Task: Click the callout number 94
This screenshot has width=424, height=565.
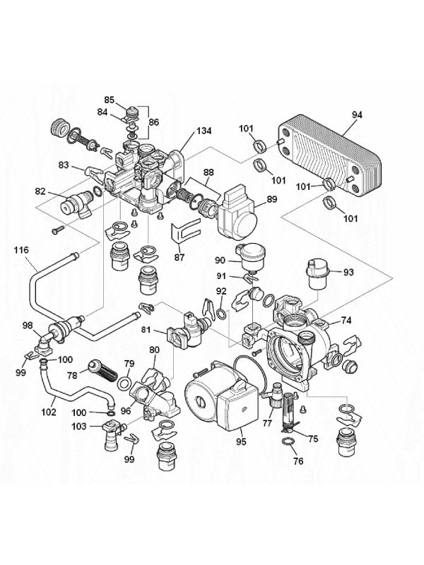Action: pos(357,114)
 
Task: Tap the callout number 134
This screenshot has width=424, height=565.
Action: pos(204,132)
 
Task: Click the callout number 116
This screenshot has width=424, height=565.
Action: pos(22,250)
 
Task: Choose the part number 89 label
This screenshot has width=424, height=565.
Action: pos(271,200)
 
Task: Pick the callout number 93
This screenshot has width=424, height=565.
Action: pos(348,272)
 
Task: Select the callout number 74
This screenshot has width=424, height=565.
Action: pos(346,319)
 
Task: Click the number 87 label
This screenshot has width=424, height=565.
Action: pos(179,257)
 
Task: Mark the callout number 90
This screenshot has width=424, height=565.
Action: pos(220,261)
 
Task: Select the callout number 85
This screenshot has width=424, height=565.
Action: pos(110,99)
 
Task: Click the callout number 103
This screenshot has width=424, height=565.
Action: pos(79,426)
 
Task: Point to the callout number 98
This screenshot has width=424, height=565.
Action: pos(27,325)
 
